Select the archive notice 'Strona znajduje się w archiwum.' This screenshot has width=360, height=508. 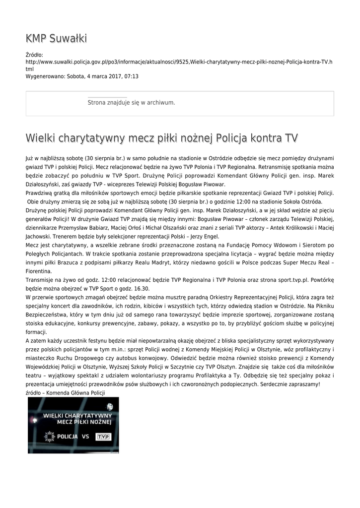[131, 103]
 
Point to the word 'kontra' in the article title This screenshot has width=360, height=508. [266, 137]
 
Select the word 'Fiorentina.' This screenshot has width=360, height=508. [39, 271]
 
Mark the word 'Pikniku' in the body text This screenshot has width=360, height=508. [323, 306]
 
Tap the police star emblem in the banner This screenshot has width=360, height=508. [49, 437]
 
